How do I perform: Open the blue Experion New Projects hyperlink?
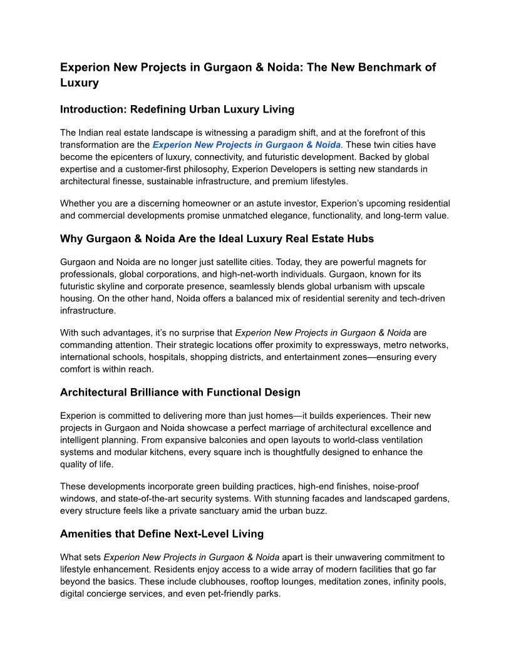[x=247, y=145]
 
